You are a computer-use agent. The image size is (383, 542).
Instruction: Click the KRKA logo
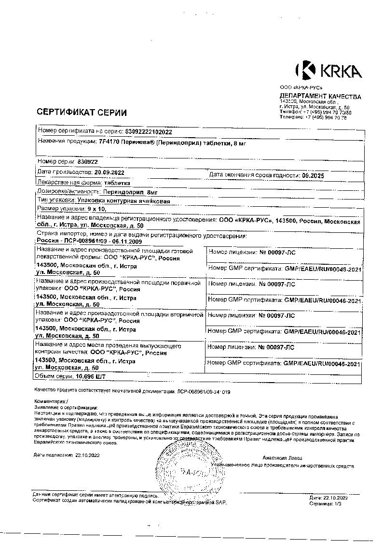point(328,71)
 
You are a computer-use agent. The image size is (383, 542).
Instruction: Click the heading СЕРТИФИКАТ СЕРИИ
point(82,113)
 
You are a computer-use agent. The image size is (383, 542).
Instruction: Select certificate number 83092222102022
point(149,132)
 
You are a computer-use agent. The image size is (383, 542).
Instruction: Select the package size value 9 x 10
point(96,209)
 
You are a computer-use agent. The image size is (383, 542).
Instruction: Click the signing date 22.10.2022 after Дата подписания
point(87,455)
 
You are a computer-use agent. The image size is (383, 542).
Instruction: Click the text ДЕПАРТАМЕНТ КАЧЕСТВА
point(320,97)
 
